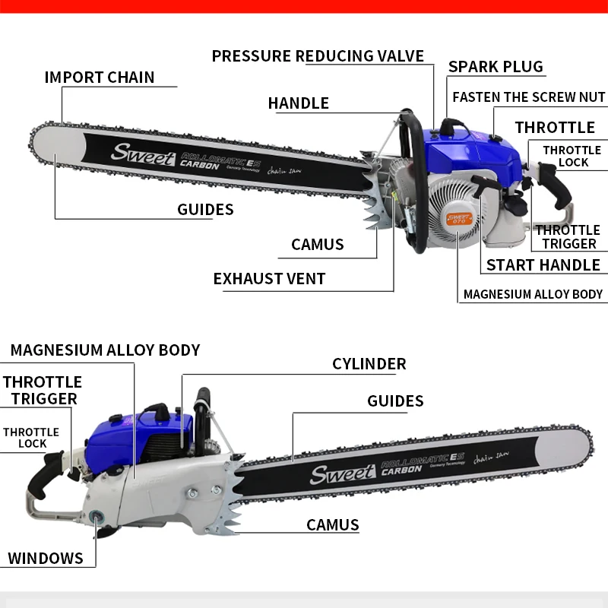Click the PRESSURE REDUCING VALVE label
point(318,56)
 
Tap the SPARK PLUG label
point(496,66)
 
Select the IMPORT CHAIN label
point(99,78)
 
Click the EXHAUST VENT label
point(269,279)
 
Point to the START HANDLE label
point(543,264)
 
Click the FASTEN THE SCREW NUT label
point(529,97)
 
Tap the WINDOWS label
point(46,559)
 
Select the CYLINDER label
point(369,364)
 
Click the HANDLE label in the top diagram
point(298,103)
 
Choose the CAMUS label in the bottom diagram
point(332,525)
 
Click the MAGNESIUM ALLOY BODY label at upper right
point(533,294)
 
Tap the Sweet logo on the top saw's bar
point(142,151)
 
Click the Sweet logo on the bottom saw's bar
point(342,473)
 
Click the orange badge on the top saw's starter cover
point(459,218)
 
